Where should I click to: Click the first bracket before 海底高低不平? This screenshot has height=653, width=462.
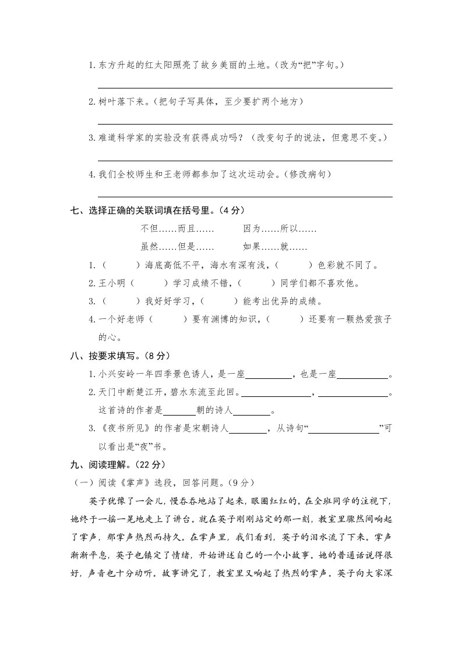(122, 266)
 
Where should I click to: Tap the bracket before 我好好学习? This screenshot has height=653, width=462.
(122, 301)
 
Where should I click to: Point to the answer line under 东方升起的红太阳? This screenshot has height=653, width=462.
(245, 87)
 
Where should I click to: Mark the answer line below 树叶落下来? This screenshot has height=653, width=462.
(245, 123)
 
